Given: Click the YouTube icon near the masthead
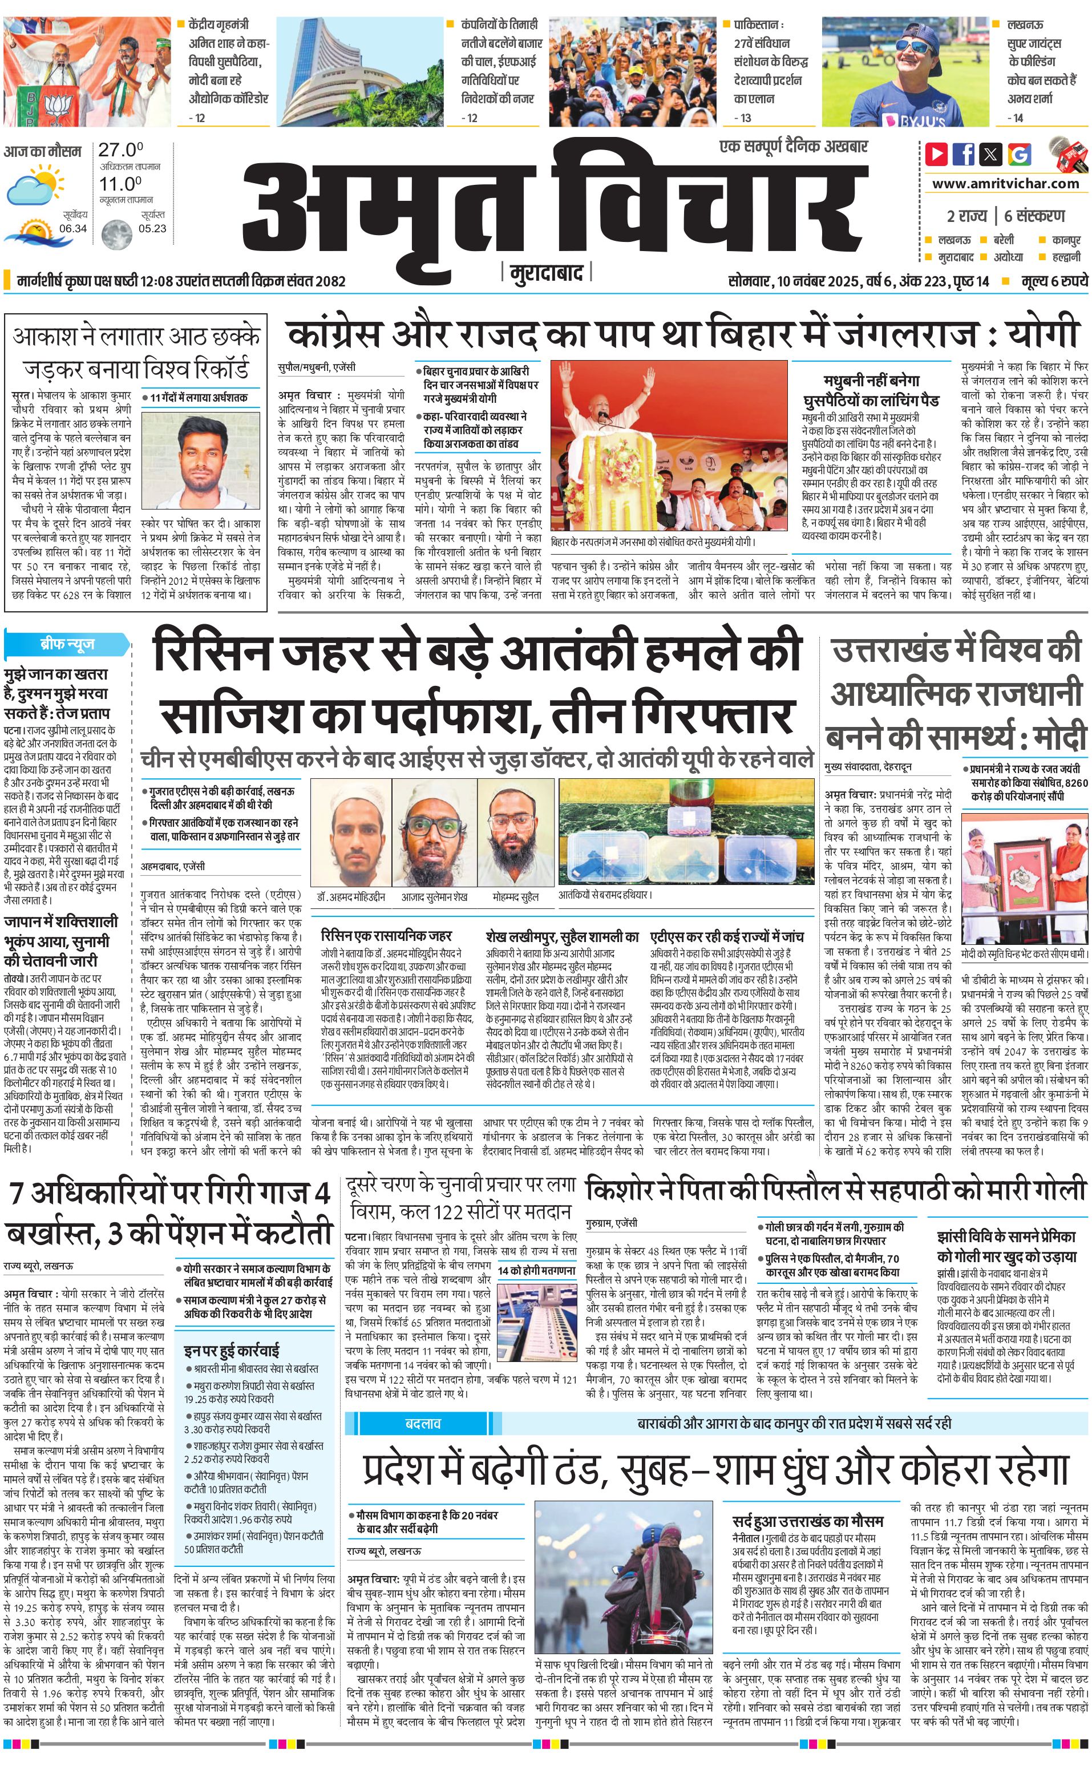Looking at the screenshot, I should point(936,154).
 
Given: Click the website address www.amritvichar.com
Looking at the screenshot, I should point(1005,184).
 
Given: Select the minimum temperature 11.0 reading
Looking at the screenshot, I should point(120,184).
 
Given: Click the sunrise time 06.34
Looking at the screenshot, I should point(73,228).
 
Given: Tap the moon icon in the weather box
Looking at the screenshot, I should point(114,233).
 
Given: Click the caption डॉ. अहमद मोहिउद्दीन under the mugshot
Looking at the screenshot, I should point(350,896).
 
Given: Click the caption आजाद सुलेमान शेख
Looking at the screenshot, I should point(435,896).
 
